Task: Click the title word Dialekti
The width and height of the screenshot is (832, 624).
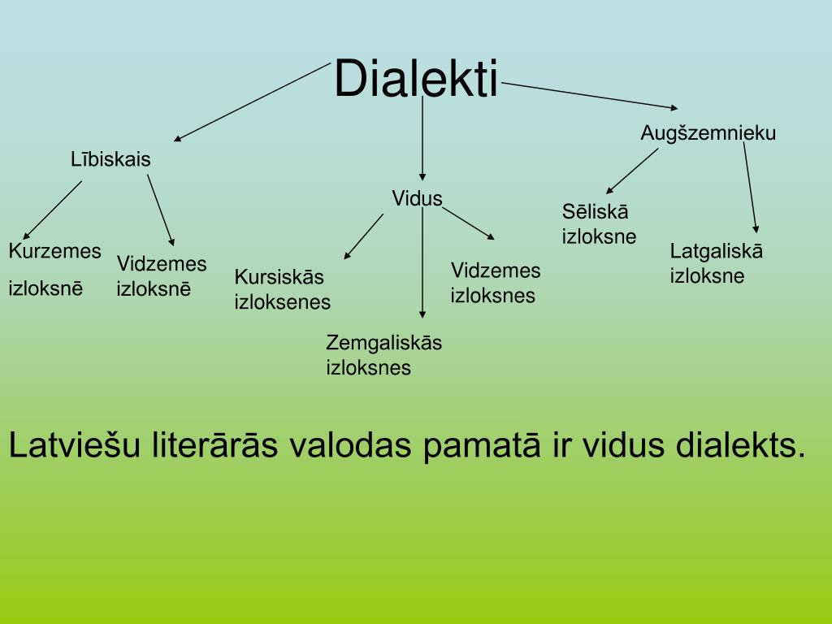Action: coord(416,79)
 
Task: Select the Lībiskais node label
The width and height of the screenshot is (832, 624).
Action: coord(110,159)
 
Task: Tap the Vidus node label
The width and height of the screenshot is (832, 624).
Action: coord(417,198)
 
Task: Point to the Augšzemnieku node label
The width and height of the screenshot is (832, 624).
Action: coord(708,132)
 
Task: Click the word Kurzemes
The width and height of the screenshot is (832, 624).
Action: coord(54,251)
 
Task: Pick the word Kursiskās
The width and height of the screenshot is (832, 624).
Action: coord(279,277)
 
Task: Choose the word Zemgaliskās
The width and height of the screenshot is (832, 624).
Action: coord(383,342)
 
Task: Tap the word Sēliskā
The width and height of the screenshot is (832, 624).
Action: coord(595,212)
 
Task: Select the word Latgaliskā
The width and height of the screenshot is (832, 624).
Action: coord(716,251)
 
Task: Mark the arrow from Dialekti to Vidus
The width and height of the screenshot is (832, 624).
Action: coord(422,138)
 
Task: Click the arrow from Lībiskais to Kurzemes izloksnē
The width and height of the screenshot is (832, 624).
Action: coord(53,209)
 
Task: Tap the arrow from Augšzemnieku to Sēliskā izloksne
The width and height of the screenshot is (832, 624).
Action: coord(632,170)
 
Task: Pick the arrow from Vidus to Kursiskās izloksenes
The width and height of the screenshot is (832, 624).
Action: coord(364,236)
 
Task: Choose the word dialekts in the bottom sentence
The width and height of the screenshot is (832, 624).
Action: coord(740,445)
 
